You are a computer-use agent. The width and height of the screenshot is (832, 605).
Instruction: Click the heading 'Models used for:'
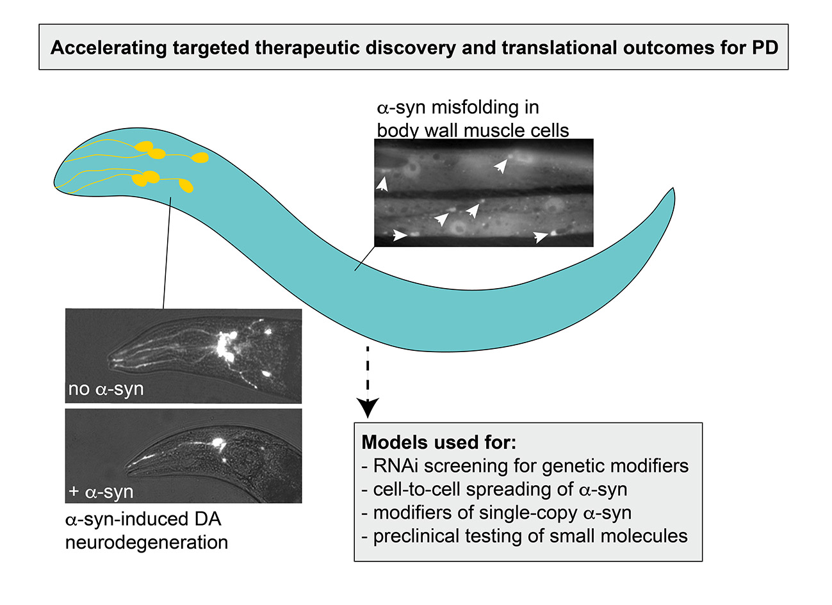pos(439,442)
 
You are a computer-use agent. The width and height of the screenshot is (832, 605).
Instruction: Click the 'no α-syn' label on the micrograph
pos(106,389)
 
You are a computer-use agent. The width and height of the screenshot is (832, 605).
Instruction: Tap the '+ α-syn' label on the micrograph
pos(101,492)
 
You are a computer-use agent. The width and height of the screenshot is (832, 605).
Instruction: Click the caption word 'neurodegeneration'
pos(147,543)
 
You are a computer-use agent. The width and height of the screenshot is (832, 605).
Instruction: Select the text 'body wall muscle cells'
pos(473,131)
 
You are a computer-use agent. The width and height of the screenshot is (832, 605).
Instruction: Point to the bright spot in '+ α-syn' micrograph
pos(218,442)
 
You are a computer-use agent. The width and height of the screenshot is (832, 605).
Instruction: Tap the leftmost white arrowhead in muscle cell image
pos(382,185)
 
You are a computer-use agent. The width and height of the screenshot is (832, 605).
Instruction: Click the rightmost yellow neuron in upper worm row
pos(201,157)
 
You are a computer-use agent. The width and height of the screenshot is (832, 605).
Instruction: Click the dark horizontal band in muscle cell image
pos(484,190)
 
